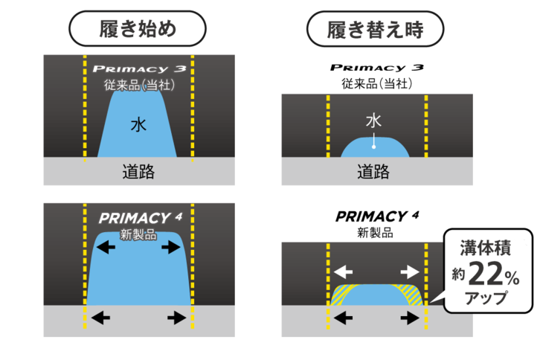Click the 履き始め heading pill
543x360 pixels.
[137, 29]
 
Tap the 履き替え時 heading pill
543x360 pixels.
[376, 29]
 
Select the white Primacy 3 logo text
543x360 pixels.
[139, 69]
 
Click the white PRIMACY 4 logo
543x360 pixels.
[140, 219]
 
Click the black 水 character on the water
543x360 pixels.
[138, 125]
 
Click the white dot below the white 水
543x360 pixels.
[374, 146]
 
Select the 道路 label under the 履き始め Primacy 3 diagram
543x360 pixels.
[138, 173]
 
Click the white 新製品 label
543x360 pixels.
[139, 234]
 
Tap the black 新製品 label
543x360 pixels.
[376, 232]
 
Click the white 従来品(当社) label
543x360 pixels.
[139, 85]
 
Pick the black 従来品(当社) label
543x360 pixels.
[376, 83]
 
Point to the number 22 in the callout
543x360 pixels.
[486, 274]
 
